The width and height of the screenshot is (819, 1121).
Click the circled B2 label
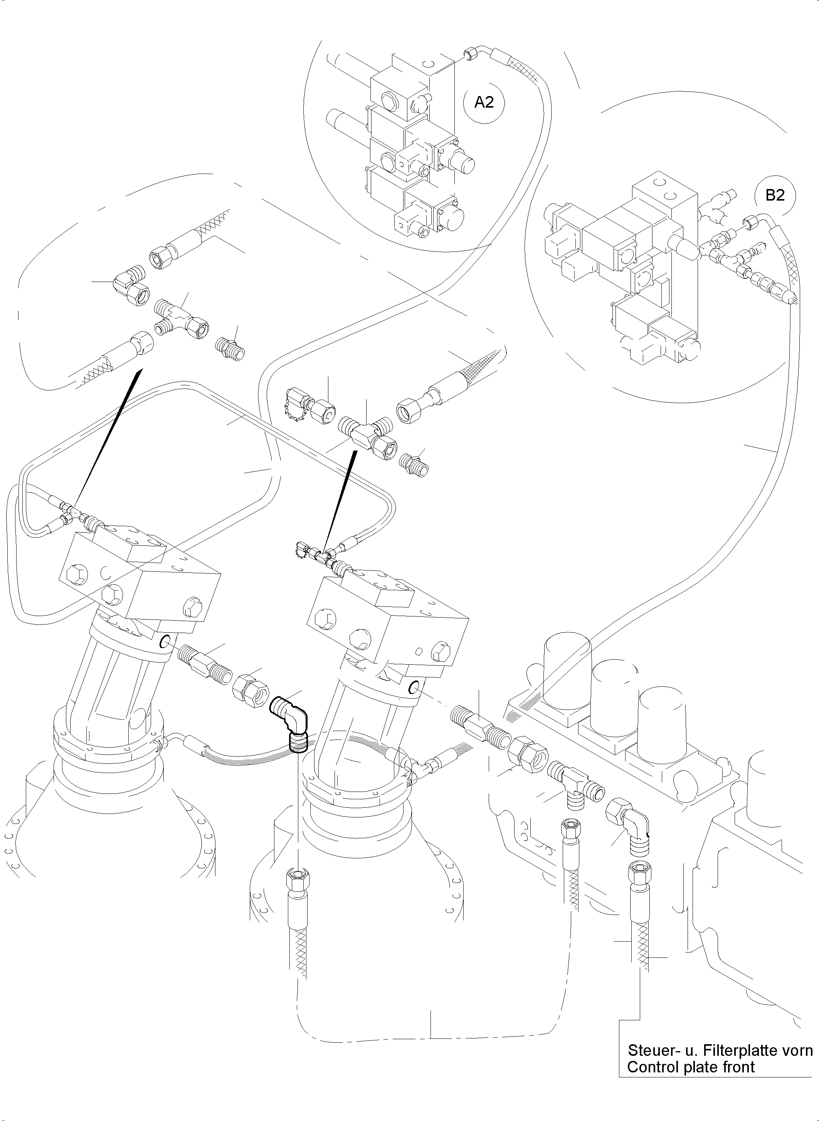(x=775, y=195)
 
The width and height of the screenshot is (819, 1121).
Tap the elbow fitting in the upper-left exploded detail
(x=129, y=284)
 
